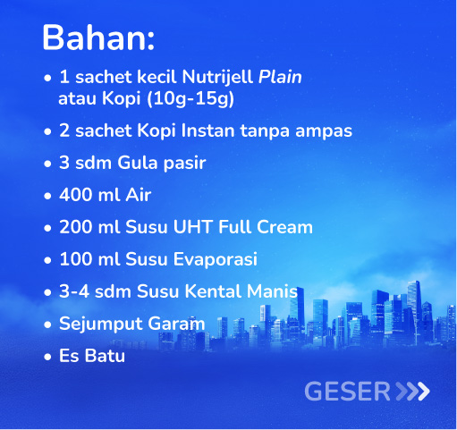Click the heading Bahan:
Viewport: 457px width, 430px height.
point(98,38)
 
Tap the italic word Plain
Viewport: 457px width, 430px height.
point(280,78)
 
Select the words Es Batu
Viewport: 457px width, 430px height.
point(91,356)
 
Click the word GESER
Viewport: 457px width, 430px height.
point(347,392)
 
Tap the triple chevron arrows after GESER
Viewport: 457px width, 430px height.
point(412,392)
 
